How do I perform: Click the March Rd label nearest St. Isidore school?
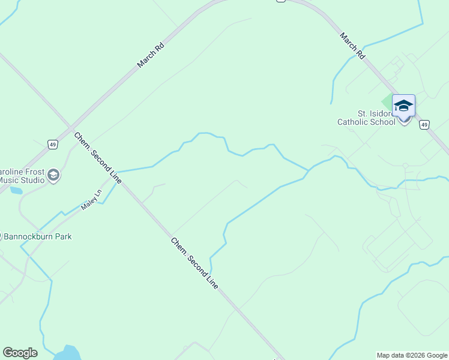point(352,45)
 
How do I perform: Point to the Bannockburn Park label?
point(38,236)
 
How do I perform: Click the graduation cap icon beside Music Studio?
point(53,175)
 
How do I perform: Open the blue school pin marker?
point(403,106)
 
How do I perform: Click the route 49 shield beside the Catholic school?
point(424,125)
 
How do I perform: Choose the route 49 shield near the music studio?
point(53,144)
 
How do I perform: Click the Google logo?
point(20,353)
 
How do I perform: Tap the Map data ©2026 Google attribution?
point(412,355)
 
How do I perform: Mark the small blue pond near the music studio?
point(16,191)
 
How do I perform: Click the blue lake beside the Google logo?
point(70,353)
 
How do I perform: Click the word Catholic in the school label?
point(358,122)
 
